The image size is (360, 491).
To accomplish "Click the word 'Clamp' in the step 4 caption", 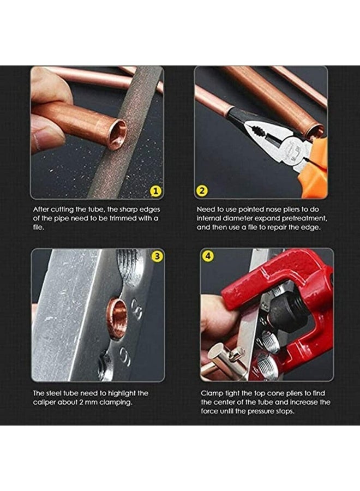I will (211, 393).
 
